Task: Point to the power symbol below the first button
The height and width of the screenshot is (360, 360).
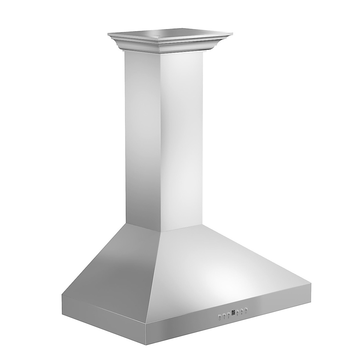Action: click(x=220, y=320)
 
